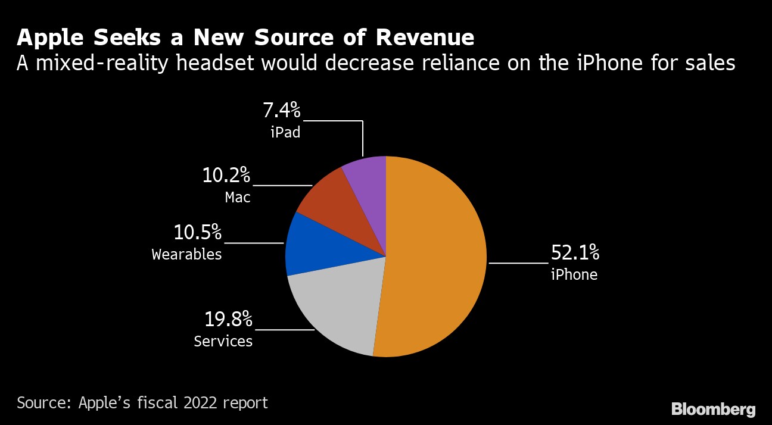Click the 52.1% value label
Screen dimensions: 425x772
[574, 253]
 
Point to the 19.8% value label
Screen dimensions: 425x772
[229, 320]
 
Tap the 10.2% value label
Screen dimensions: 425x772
[226, 176]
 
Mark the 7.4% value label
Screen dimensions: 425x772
[282, 111]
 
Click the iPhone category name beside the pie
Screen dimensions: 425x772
[574, 274]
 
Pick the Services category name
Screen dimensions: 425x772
[223, 341]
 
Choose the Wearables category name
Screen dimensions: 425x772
[186, 254]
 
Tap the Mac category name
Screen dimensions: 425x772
[238, 197]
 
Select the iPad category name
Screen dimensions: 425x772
[285, 132]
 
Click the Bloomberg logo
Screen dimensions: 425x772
[713, 410]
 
